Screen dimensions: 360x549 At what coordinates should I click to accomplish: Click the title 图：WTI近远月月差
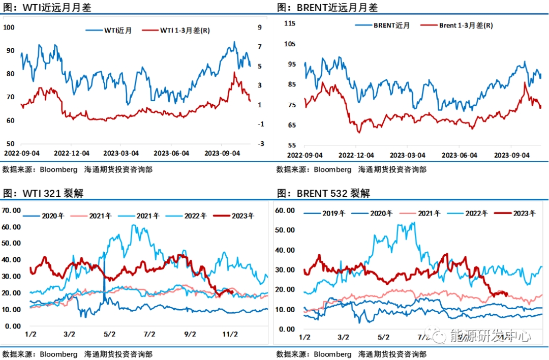(x=47, y=8)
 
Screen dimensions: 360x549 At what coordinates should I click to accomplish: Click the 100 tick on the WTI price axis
(x=10, y=27)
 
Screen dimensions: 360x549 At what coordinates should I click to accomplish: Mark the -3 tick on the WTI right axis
(x=260, y=144)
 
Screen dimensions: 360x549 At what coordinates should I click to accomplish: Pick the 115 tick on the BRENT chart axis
(x=290, y=23)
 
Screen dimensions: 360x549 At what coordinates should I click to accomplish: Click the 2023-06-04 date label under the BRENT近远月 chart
(x=460, y=155)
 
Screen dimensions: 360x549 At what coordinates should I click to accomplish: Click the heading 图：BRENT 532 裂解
(x=323, y=193)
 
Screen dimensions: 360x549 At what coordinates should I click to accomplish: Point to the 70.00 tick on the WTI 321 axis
(x=11, y=210)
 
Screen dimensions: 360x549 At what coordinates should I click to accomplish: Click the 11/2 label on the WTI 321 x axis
(x=230, y=334)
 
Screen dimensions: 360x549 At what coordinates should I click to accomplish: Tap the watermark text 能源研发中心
(x=490, y=336)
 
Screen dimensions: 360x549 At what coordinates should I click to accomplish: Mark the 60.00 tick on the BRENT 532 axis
(x=285, y=210)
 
